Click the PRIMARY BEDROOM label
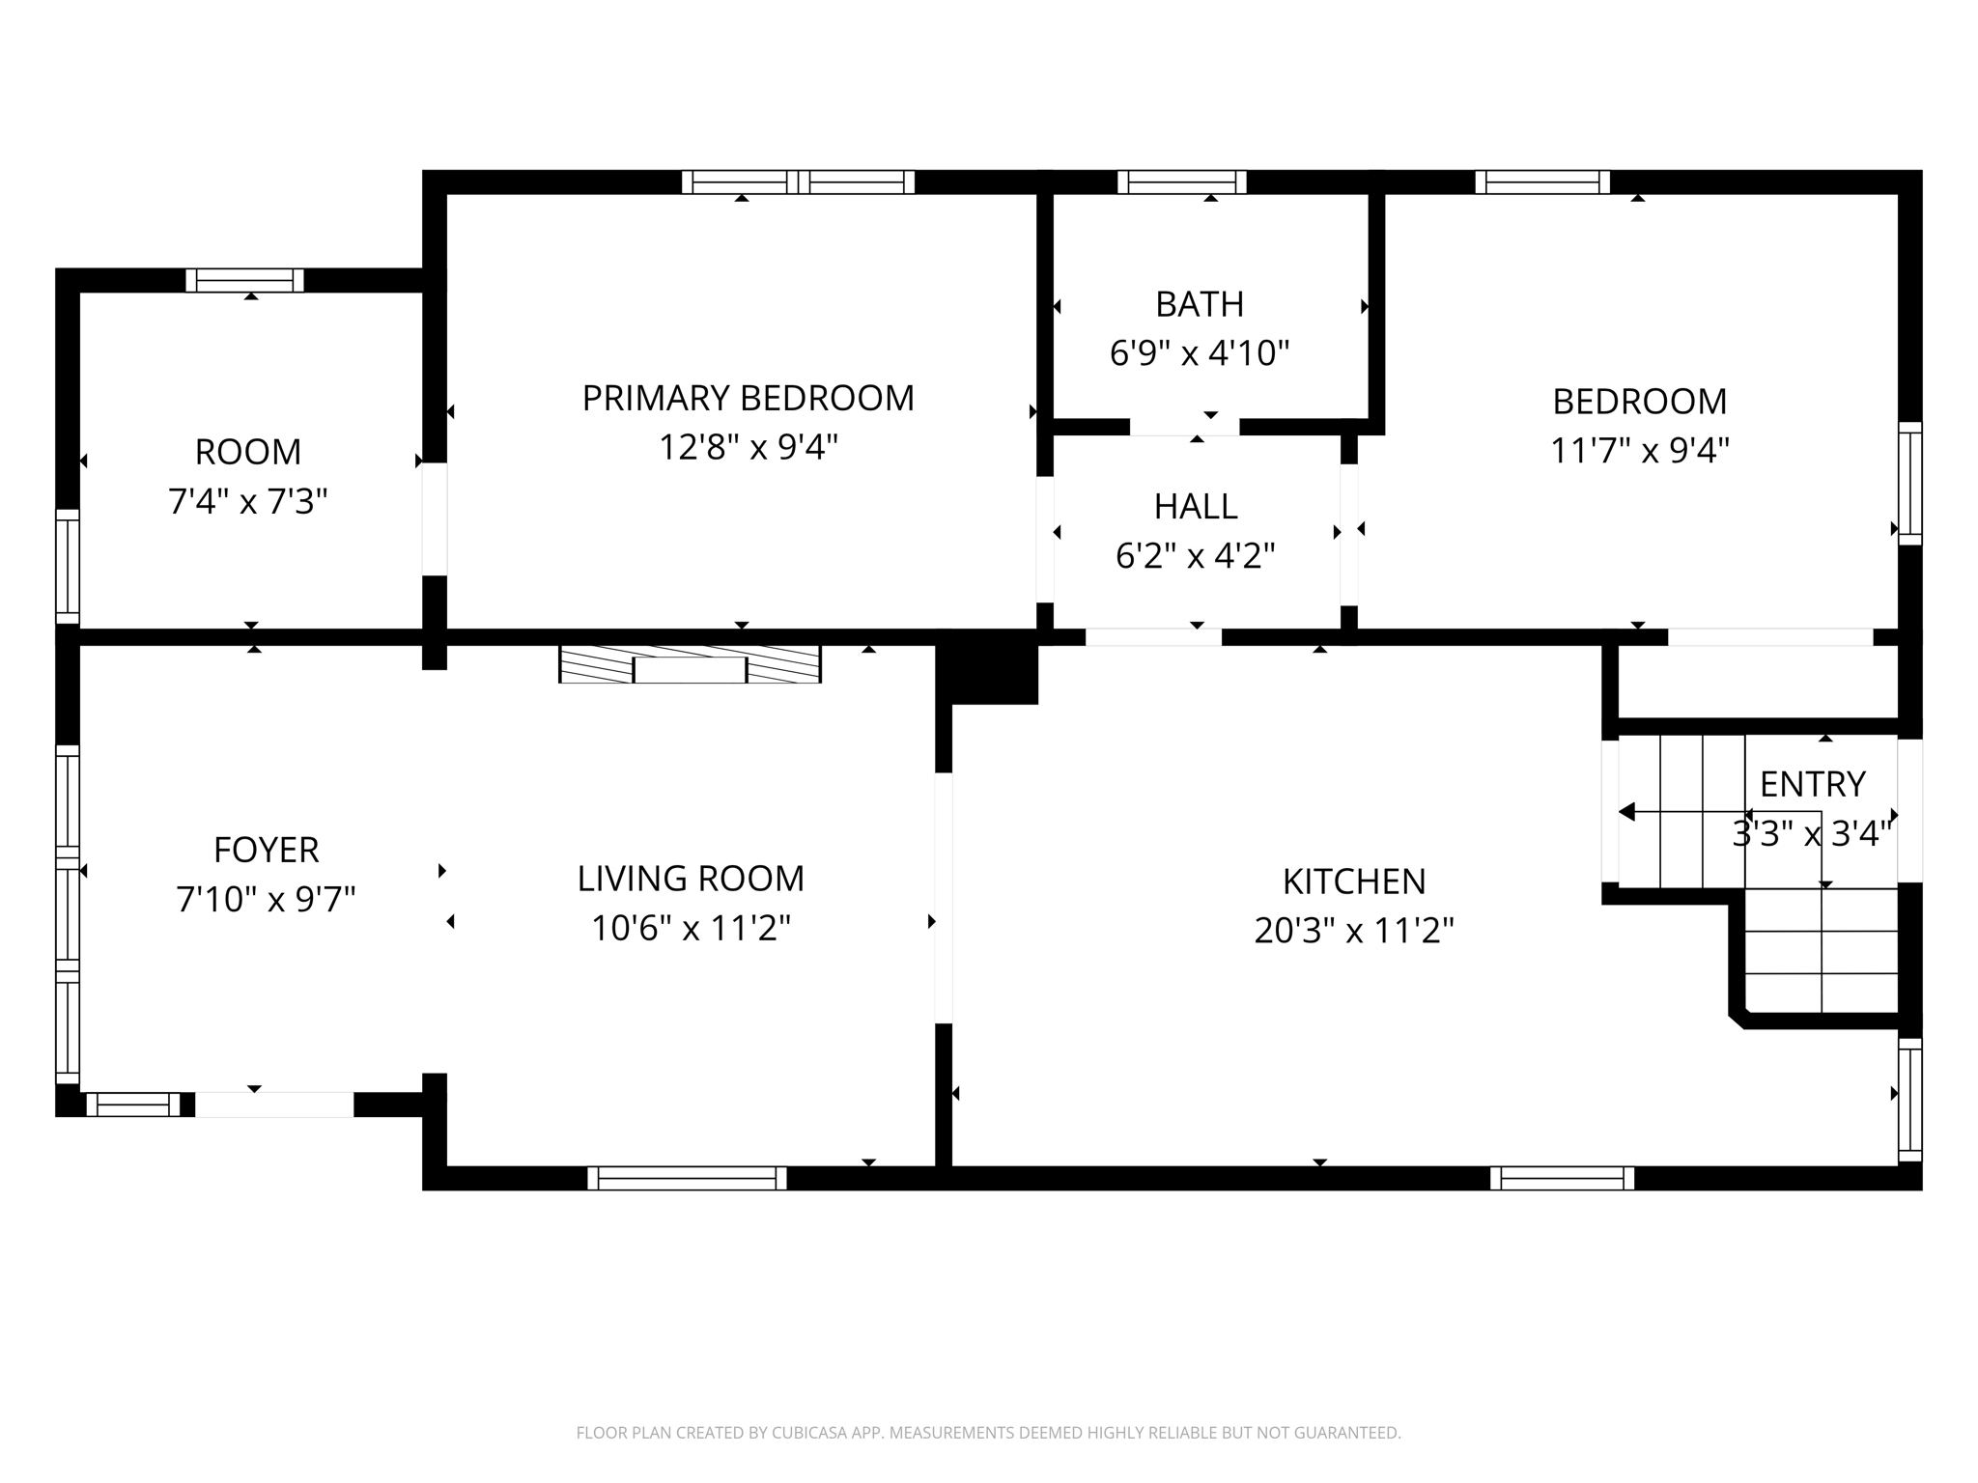click(x=748, y=398)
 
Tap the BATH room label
click(x=1200, y=304)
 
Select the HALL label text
click(x=1196, y=506)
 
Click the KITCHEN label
click(x=1354, y=881)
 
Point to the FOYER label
click(x=266, y=850)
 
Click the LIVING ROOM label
click(x=691, y=879)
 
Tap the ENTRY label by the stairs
click(x=1812, y=784)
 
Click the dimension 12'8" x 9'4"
click(x=748, y=447)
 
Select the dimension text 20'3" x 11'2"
click(x=1354, y=931)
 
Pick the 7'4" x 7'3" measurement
click(x=248, y=501)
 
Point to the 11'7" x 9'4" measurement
click(x=1639, y=450)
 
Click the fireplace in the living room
click(x=690, y=664)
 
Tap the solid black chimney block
click(x=988, y=667)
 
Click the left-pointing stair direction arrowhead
click(x=1626, y=812)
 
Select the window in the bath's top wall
click(x=1181, y=182)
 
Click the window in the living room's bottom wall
click(x=687, y=1178)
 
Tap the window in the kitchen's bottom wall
click(x=1562, y=1178)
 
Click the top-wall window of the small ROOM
click(x=244, y=280)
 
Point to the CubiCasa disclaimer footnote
click(x=988, y=1433)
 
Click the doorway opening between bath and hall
click(x=1184, y=427)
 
